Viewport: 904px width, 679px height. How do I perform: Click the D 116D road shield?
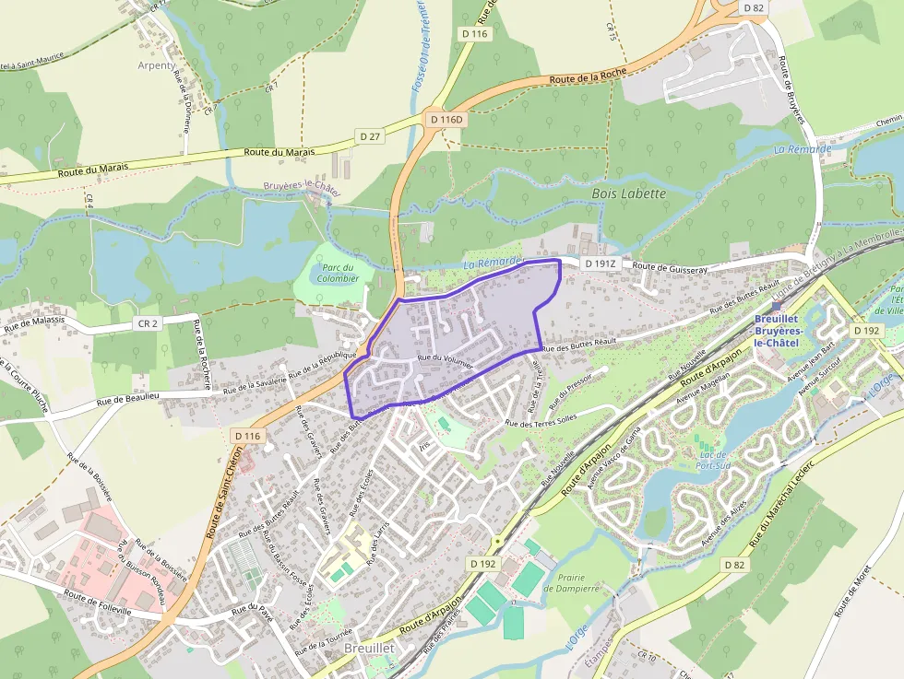(447, 120)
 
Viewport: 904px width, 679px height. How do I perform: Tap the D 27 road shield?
(370, 136)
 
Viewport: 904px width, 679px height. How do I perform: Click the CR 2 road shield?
(149, 323)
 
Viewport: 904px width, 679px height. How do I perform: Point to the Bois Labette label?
(628, 193)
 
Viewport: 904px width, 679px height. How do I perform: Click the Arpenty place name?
(155, 65)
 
